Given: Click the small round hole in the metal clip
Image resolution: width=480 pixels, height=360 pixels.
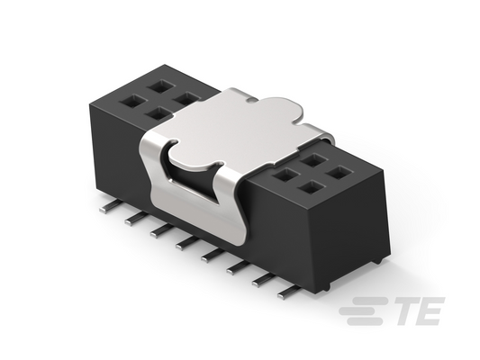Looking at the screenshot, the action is (251, 99).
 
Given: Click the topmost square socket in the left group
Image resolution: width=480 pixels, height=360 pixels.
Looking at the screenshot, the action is (159, 86).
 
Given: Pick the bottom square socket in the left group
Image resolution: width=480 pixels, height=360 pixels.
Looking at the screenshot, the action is (158, 114).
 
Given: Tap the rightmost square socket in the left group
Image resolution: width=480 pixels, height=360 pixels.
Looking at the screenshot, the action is (186, 99).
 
